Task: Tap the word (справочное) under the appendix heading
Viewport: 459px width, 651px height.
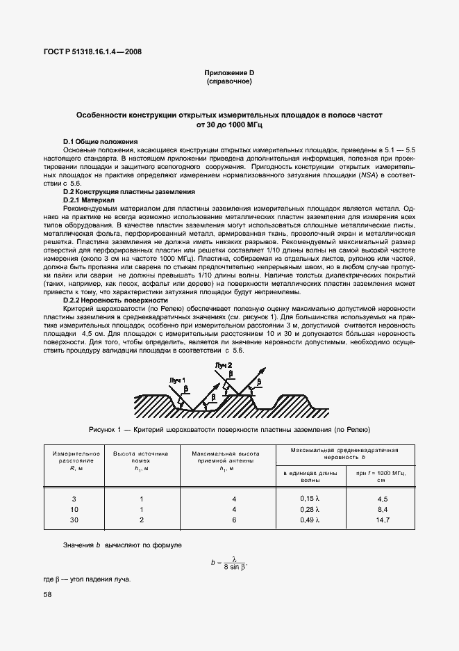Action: (229, 81)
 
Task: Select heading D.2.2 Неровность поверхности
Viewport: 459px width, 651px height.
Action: (115, 300)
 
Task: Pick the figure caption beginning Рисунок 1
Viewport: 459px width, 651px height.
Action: (229, 429)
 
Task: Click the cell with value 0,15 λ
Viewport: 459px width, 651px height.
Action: (309, 499)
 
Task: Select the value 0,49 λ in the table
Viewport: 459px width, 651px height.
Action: (309, 520)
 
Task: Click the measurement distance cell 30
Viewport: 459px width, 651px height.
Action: (75, 520)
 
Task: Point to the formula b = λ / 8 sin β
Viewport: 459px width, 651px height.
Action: (229, 563)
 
